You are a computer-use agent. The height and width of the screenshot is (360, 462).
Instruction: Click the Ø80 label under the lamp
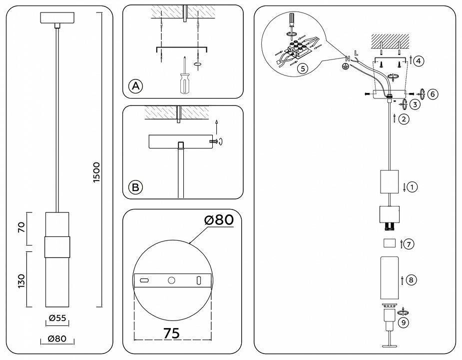tap(57, 338)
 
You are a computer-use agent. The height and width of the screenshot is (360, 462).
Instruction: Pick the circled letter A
tap(135, 85)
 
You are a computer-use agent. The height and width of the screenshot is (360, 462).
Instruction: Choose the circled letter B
tap(135, 187)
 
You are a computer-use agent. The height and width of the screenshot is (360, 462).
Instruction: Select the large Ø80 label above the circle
tap(218, 220)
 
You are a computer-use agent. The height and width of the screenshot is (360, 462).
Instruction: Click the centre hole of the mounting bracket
tap(171, 281)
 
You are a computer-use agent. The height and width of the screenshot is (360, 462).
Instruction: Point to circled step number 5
tap(302, 69)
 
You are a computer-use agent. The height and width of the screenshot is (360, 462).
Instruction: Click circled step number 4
tap(419, 61)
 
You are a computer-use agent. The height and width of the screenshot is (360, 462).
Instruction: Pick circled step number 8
tap(411, 280)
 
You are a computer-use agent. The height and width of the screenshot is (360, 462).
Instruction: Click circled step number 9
tap(404, 322)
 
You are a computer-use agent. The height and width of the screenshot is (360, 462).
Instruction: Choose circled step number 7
tap(409, 244)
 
